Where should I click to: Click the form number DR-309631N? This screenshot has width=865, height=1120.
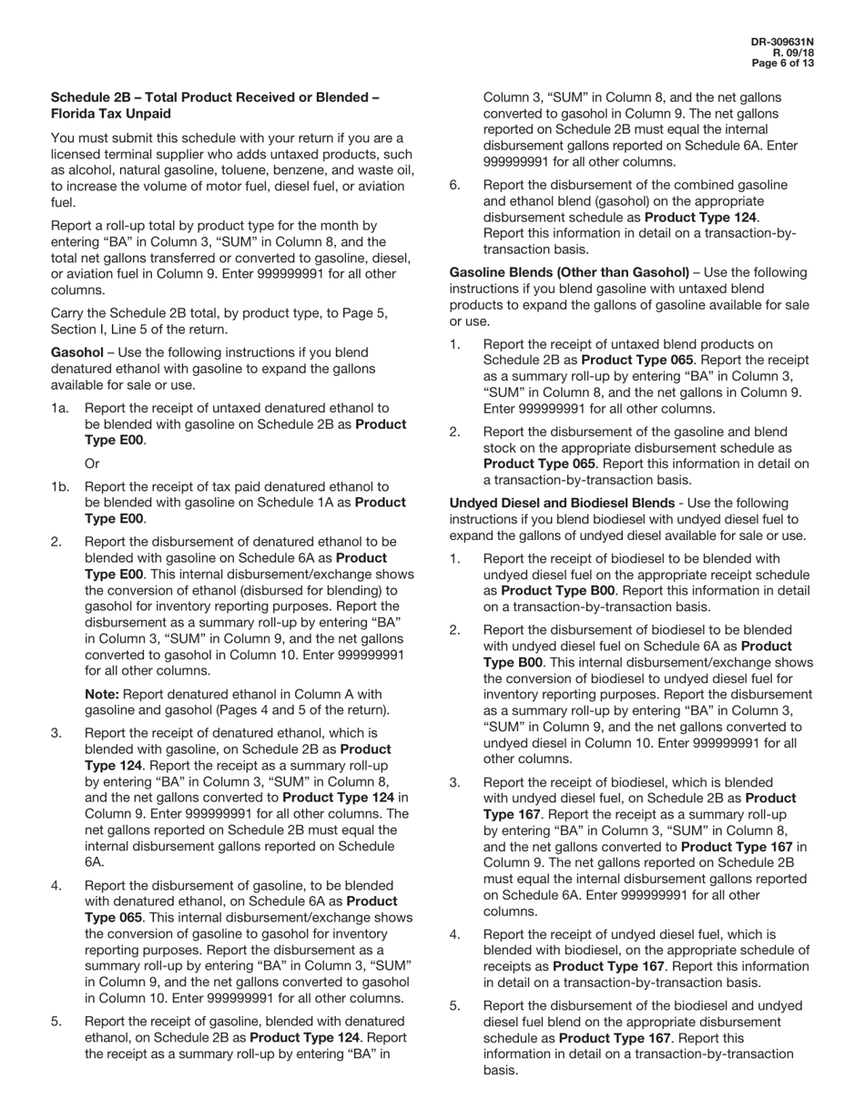(x=782, y=42)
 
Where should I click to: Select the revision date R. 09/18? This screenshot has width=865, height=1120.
(x=793, y=53)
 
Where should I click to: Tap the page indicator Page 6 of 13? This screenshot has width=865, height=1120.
(x=782, y=64)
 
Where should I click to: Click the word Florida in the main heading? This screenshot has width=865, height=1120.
(x=79, y=114)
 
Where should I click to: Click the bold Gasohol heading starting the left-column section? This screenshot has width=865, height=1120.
(x=76, y=352)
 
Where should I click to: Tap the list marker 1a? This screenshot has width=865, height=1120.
(x=60, y=408)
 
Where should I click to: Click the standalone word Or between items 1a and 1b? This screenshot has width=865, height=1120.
(x=92, y=463)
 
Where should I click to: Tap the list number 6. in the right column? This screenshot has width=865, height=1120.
(x=454, y=185)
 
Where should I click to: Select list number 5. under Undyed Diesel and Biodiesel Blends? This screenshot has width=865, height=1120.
(x=454, y=1005)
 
